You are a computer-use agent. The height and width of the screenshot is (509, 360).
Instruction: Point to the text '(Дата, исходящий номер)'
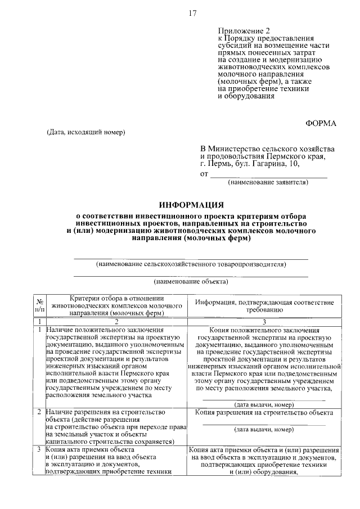(x=85, y=132)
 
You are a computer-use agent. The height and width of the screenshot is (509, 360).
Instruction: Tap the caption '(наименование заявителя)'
(x=268, y=183)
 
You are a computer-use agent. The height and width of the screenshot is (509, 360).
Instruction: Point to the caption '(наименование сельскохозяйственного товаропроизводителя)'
(x=191, y=263)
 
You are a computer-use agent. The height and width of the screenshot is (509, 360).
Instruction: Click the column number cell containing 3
(x=264, y=321)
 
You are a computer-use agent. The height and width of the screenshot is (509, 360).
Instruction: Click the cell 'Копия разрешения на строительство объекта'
(x=264, y=413)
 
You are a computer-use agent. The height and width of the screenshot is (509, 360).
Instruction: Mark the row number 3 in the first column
(x=39, y=450)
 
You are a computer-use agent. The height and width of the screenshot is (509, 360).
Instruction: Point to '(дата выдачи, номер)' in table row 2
(x=264, y=430)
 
